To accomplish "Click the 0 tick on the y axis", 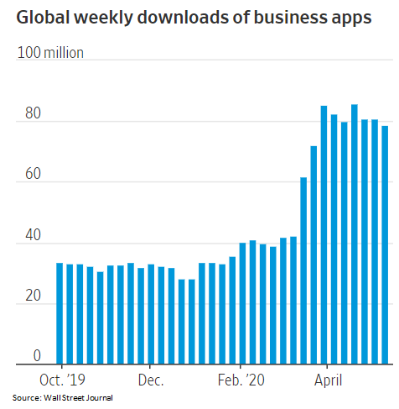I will click(25, 356).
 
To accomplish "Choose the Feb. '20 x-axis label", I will click(241, 380).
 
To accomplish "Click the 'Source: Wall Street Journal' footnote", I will click(62, 397).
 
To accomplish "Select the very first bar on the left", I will click(60, 314).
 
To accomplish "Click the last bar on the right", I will click(385, 245).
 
